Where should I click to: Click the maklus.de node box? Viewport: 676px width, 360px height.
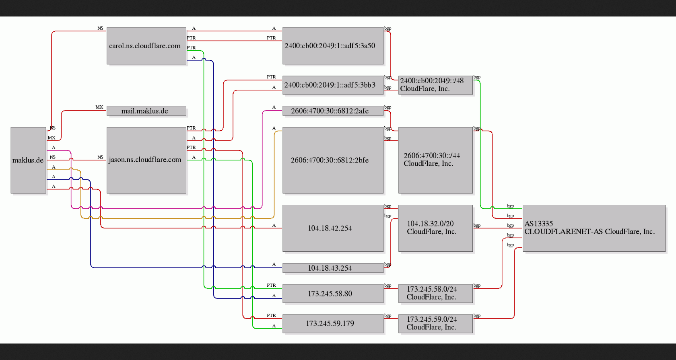click(x=28, y=160)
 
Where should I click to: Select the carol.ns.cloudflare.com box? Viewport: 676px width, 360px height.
click(x=146, y=45)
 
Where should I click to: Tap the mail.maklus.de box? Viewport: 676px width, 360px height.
click(x=146, y=111)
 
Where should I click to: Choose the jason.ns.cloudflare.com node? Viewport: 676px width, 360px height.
click(x=146, y=160)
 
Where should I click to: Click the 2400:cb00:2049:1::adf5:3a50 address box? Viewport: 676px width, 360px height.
click(x=333, y=45)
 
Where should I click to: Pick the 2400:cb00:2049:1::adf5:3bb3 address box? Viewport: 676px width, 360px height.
click(x=333, y=85)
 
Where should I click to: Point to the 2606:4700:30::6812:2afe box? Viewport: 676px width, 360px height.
click(x=333, y=111)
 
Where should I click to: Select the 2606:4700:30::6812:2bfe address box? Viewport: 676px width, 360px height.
click(x=333, y=160)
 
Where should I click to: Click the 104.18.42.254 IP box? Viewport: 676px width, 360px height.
click(x=333, y=228)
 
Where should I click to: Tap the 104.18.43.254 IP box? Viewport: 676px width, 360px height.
click(x=333, y=268)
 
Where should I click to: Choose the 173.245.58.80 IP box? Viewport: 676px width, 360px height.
click(x=333, y=293)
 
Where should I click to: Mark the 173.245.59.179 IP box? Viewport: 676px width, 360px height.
click(x=333, y=323)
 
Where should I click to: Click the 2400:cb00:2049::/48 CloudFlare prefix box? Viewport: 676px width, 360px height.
click(x=435, y=85)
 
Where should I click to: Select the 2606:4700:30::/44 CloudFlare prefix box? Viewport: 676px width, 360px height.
click(x=435, y=160)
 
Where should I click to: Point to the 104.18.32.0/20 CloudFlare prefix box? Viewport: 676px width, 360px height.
click(x=435, y=228)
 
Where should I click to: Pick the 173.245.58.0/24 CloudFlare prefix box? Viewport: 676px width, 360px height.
click(x=435, y=293)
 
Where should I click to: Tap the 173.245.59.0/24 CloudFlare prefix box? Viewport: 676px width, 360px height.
click(x=435, y=323)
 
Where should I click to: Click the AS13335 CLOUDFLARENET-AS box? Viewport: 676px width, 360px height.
click(x=594, y=228)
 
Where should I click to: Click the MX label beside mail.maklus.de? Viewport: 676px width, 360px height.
click(x=99, y=107)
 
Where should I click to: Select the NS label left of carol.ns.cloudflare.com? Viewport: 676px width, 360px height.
click(x=100, y=28)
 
